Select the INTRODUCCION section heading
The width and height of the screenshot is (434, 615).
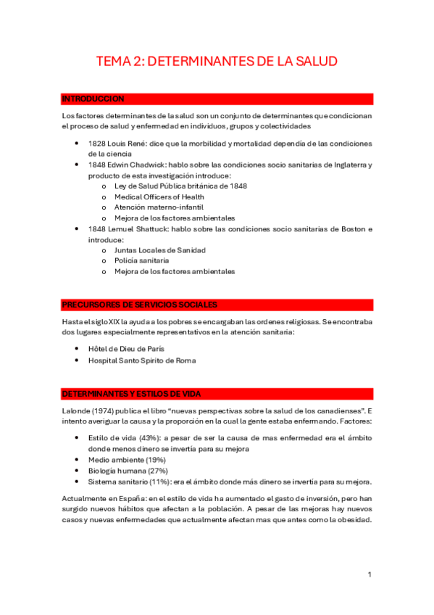pos(93,99)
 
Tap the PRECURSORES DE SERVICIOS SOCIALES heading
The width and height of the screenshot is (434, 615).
pos(140,305)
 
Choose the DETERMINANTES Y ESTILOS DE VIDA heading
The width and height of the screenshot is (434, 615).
pos(131,393)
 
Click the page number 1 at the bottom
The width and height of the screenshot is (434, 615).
pos(370,575)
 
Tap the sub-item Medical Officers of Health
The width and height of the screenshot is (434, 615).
pos(159,197)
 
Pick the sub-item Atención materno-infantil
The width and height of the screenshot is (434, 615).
pos(154,207)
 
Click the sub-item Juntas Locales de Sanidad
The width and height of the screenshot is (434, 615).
pos(159,250)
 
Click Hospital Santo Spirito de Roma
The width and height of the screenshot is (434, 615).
pos(142,360)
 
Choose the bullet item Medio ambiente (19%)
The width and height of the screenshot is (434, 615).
pos(127,460)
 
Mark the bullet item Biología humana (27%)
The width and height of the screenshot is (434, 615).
pos(128,471)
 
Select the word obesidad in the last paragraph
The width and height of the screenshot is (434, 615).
pos(354,520)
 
